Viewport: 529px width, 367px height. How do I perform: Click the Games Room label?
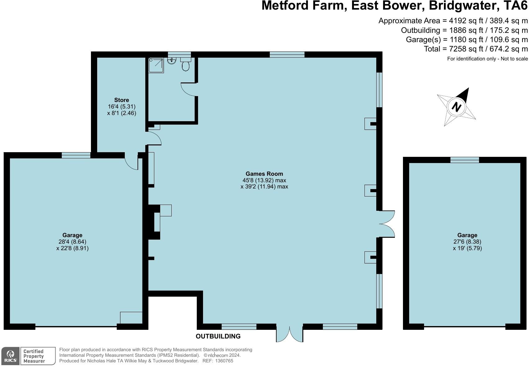264,174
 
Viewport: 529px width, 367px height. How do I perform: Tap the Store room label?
121,100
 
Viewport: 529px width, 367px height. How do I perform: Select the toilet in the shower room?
186,65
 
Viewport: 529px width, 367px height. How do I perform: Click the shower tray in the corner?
156,65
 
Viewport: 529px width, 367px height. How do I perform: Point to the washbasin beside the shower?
172,61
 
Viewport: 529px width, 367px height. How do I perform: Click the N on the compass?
456,107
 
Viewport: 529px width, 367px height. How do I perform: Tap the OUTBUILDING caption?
218,336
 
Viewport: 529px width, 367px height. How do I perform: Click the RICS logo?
11,356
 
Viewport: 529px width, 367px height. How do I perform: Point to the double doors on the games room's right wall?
387,224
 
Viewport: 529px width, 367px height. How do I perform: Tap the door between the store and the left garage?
131,161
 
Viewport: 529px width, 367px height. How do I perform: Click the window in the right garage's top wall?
464,160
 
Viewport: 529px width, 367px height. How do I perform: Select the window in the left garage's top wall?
76,155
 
